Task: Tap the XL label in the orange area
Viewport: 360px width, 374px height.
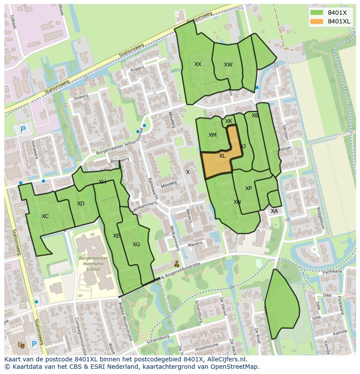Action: pyautogui.click(x=222, y=156)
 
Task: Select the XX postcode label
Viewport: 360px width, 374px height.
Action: pyautogui.click(x=198, y=64)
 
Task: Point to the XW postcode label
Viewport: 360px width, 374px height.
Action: pyautogui.click(x=228, y=65)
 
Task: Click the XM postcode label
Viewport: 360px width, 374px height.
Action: pyautogui.click(x=212, y=135)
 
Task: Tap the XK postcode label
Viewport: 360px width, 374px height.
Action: pyautogui.click(x=229, y=121)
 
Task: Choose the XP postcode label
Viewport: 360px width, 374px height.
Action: pyautogui.click(x=248, y=189)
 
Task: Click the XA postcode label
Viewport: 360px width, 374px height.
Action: pyautogui.click(x=274, y=211)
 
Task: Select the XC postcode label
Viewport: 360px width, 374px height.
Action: pyautogui.click(x=45, y=216)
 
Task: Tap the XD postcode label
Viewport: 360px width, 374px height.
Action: pyautogui.click(x=80, y=204)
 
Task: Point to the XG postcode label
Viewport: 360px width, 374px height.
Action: pyautogui.click(x=136, y=245)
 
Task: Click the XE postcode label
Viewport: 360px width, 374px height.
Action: pyautogui.click(x=116, y=236)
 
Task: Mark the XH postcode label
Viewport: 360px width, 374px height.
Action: pyautogui.click(x=102, y=182)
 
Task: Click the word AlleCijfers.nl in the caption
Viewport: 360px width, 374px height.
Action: pyautogui.click(x=226, y=360)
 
